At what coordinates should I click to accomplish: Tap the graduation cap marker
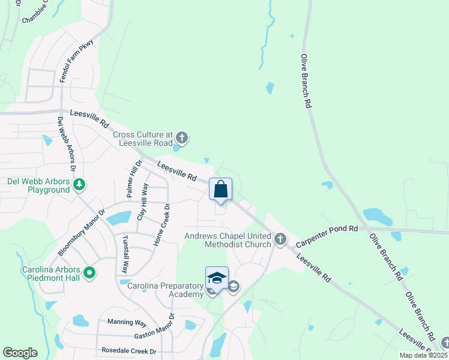[217, 278]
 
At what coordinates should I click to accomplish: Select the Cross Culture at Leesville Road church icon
[182, 139]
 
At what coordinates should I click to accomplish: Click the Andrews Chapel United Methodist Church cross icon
[280, 240]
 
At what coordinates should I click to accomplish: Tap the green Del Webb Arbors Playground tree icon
[79, 185]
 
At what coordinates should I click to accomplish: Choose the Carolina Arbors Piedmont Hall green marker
[89, 274]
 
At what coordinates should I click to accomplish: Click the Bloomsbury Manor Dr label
[81, 232]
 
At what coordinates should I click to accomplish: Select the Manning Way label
[127, 322]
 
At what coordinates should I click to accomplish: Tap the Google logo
[20, 353]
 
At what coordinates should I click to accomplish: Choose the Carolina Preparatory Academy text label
[165, 290]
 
